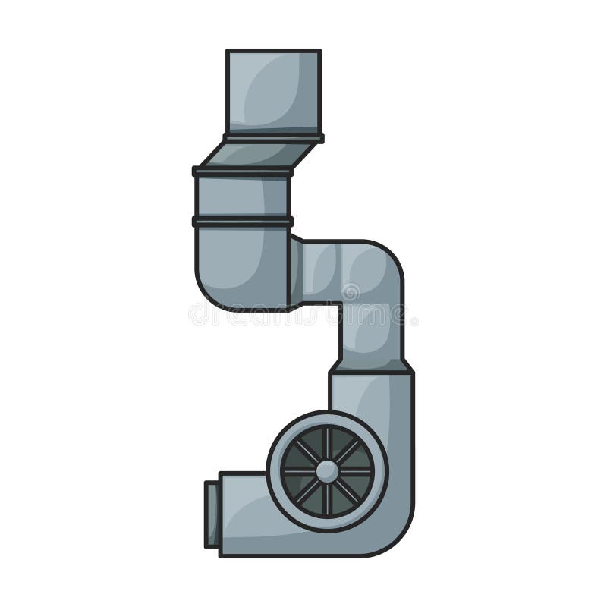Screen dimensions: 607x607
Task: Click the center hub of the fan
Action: [327, 471]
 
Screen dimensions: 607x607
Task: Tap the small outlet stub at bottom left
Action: [212, 514]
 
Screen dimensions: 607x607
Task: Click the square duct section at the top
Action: [273, 91]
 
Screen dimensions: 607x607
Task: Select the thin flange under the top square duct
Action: [273, 138]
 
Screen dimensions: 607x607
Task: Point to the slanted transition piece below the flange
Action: [258, 155]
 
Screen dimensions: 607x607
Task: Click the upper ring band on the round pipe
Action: [243, 171]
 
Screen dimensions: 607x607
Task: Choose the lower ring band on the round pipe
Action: [243, 222]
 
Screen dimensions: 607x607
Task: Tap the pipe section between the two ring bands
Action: [243, 197]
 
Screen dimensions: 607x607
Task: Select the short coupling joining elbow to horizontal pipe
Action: [297, 272]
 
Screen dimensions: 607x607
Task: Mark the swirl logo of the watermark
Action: [351, 291]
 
